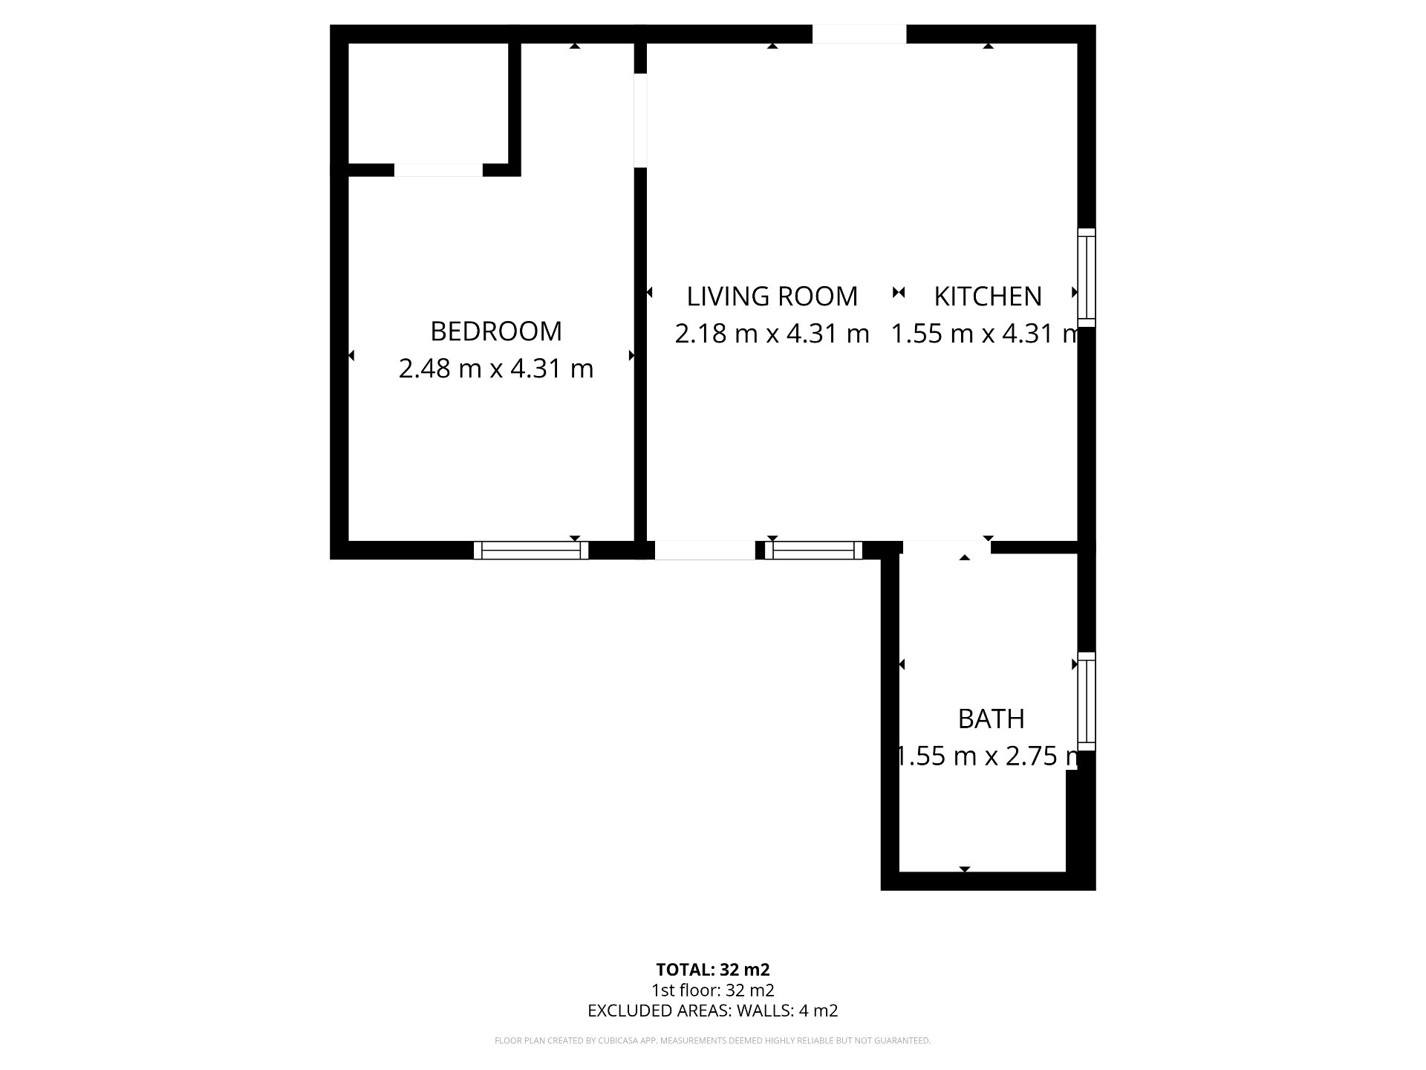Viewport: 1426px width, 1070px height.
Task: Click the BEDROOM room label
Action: pos(496,331)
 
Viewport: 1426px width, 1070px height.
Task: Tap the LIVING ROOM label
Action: pos(772,296)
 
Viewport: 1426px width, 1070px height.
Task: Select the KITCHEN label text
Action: pos(988,296)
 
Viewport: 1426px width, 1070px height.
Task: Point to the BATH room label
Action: pos(992,719)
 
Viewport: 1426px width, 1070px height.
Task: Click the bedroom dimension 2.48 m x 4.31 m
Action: pos(496,369)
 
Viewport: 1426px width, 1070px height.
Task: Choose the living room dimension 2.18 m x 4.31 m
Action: pos(772,334)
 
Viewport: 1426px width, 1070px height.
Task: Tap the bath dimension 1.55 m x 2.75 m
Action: pos(988,756)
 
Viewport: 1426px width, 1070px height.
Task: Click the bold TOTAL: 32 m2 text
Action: pos(713,970)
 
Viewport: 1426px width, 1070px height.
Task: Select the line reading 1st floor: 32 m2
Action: pos(713,990)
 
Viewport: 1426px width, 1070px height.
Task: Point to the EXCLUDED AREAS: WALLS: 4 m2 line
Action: pos(713,1011)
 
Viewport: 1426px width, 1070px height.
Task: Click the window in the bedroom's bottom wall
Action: pos(531,550)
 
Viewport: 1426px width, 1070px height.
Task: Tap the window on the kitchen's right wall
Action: pos(1087,277)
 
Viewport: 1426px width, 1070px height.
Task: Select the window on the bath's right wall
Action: pos(1087,701)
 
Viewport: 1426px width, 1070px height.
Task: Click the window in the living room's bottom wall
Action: pos(814,550)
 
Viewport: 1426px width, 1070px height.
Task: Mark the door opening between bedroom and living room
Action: pos(640,120)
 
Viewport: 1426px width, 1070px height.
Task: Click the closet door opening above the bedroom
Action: pos(438,170)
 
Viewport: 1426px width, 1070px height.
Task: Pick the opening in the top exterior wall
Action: pos(859,34)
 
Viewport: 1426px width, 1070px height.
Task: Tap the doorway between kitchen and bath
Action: pos(947,548)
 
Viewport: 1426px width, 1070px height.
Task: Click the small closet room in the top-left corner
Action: pos(429,103)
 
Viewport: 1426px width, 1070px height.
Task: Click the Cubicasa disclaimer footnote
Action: pos(713,1041)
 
